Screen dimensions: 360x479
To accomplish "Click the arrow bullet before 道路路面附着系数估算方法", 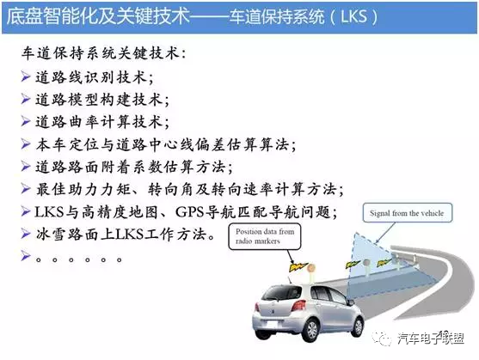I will pos(25,166).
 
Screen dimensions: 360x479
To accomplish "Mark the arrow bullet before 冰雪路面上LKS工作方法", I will pos(25,233).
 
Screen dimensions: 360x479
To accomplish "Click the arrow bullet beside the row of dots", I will pos(25,255).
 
